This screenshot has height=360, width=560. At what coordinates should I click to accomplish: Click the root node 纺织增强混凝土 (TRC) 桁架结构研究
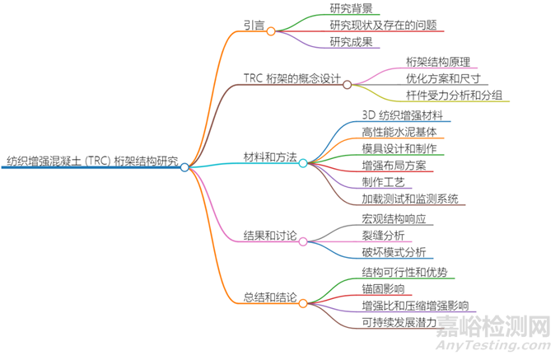(91, 161)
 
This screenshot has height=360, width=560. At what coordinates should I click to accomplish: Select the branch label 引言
(254, 26)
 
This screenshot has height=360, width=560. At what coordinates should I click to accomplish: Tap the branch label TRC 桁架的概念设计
(292, 78)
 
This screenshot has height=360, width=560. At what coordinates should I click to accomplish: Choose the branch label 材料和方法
(270, 157)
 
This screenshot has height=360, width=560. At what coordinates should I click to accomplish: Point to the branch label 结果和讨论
(270, 236)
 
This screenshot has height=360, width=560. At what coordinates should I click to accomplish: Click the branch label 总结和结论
(270, 297)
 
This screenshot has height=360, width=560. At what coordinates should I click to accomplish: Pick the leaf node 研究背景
(352, 8)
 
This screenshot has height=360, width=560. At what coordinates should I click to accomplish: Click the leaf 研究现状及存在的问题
(383, 26)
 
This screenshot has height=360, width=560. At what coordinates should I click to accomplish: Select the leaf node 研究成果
(352, 43)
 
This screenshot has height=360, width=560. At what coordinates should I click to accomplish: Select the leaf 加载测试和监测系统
(409, 199)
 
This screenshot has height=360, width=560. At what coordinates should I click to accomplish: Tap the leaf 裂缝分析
(382, 236)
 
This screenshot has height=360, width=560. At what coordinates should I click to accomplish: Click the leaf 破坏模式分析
(393, 253)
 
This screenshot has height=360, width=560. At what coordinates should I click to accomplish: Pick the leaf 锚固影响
(382, 289)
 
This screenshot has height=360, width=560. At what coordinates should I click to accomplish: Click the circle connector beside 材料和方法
(303, 163)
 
